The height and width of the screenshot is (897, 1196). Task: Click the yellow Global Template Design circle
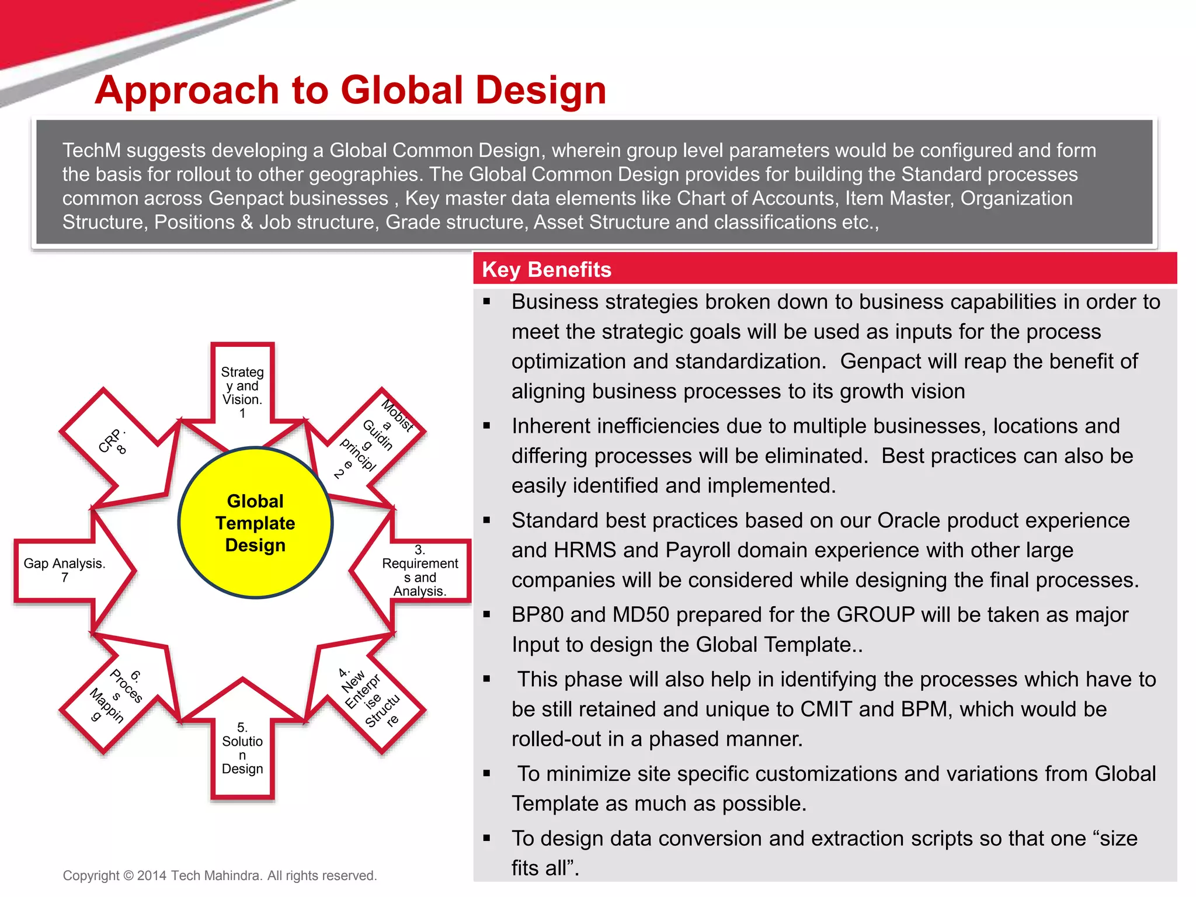[x=255, y=523]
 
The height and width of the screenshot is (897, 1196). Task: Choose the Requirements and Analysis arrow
[x=418, y=571]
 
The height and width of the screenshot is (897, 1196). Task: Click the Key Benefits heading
[x=547, y=270]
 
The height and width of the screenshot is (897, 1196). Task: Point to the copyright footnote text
[x=220, y=875]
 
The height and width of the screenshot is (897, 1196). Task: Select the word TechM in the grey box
[x=92, y=151]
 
